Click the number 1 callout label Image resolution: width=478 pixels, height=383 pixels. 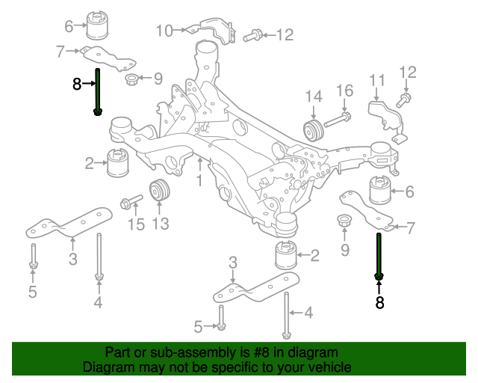tap(199, 180)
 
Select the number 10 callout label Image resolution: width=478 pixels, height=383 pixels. tap(164, 31)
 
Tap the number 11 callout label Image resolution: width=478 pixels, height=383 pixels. tap(377, 80)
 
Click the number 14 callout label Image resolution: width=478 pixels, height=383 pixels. tap(313, 96)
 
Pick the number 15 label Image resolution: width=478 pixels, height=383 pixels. tap(134, 223)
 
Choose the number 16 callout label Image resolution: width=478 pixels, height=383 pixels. tap(344, 91)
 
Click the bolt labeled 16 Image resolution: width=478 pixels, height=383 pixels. tap(340, 117)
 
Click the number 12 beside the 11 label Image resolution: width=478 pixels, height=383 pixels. tap(408, 72)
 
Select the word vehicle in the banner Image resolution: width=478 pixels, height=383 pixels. tap(330, 367)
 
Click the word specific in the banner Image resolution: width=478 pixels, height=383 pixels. tap(243, 367)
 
